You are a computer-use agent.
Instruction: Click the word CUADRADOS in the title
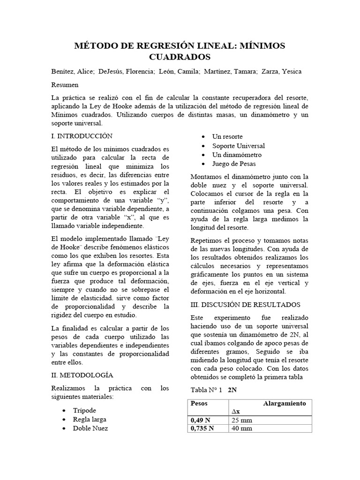[180, 57]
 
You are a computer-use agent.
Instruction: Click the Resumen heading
[65, 85]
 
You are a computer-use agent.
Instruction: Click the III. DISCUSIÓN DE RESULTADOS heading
[246, 304]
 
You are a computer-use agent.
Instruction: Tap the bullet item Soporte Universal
[239, 145]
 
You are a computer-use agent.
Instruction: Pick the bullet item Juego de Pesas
[234, 164]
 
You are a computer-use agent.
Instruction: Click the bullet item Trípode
[84, 410]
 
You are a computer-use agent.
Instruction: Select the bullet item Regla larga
[89, 419]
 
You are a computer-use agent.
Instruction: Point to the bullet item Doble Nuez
[90, 428]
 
